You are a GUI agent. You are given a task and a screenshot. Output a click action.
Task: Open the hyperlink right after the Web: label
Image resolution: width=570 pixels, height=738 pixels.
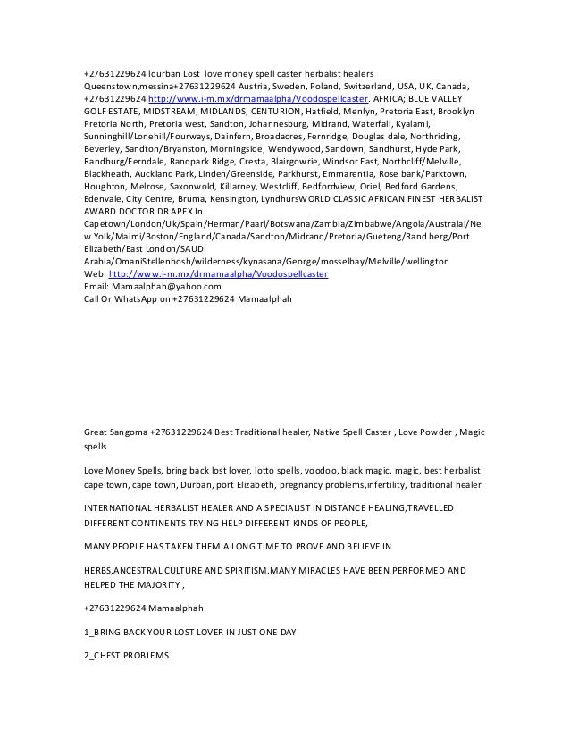coord(217,273)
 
